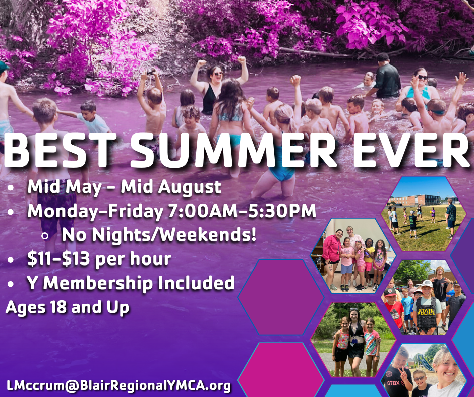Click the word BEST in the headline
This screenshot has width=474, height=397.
[60, 149]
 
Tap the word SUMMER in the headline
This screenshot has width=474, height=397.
[233, 149]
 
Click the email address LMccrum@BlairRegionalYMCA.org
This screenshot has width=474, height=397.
[118, 386]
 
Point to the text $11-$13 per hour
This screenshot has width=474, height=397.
[99, 259]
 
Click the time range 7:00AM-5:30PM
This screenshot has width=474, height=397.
[242, 211]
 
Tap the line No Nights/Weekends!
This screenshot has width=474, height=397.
[159, 234]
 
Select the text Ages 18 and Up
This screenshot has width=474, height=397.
[67, 307]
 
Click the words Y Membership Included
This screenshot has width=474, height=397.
[131, 283]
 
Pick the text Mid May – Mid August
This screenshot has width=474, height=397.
[124, 187]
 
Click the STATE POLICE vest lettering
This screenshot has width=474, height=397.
[426, 312]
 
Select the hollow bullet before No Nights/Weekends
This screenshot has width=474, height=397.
[45, 236]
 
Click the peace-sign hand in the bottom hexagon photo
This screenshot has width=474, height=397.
[401, 372]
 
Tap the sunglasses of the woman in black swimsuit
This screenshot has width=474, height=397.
[218, 74]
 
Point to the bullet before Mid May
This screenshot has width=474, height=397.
[11, 188]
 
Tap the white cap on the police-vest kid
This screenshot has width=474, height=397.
[426, 284]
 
